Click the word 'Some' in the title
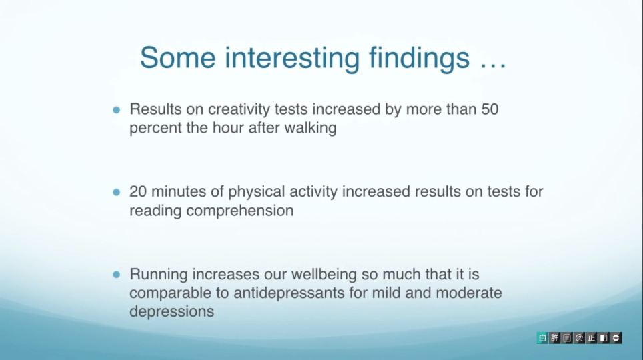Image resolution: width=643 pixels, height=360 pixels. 178,57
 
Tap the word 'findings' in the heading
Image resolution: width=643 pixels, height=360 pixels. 419,58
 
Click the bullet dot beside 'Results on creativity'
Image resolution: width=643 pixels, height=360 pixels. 117,110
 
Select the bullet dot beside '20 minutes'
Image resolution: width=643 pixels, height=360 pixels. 117,192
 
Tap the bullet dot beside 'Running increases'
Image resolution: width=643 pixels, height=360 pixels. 117,274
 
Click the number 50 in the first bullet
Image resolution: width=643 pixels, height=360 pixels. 490,109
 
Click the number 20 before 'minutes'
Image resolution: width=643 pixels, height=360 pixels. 138,191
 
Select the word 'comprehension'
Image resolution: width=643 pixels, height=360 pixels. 240,211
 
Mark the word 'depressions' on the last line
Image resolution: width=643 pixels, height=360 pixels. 172,311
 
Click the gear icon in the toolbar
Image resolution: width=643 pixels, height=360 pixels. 616,338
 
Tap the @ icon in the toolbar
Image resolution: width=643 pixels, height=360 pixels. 579,338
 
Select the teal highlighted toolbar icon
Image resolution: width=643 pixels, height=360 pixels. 542,338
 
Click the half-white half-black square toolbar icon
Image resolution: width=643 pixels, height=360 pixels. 603,338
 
